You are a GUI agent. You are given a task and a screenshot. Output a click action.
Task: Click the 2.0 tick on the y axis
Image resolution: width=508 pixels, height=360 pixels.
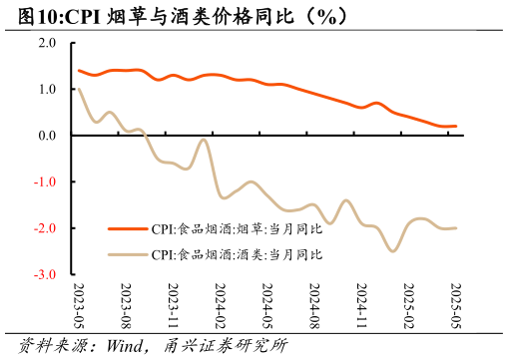(x=47, y=43)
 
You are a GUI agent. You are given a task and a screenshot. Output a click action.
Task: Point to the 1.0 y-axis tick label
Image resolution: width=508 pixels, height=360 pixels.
(x=47, y=89)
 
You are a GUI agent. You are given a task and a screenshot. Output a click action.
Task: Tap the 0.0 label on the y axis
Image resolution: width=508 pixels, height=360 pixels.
(x=47, y=136)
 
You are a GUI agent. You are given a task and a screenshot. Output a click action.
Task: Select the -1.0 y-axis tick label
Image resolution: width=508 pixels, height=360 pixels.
(x=45, y=181)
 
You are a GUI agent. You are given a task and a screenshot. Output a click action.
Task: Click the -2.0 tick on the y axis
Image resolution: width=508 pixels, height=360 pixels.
(x=45, y=228)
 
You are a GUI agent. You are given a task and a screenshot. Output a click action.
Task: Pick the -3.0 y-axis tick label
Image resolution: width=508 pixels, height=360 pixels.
(x=45, y=274)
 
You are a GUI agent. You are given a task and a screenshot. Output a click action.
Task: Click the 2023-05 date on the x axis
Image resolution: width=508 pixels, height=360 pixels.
(x=79, y=305)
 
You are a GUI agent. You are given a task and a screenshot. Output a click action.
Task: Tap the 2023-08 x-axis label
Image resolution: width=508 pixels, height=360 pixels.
(x=126, y=305)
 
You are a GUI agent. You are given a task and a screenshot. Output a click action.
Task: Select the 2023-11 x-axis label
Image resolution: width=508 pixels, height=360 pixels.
(x=173, y=305)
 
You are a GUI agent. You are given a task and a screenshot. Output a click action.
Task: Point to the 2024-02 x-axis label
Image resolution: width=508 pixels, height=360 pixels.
(x=220, y=305)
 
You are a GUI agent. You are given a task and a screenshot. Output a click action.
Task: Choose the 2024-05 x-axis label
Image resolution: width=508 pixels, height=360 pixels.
(x=266, y=305)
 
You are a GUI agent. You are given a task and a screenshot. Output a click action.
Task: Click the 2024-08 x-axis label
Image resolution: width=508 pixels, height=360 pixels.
(x=313, y=305)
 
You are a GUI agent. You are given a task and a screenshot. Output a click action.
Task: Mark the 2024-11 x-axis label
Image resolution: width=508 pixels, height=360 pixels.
(x=360, y=305)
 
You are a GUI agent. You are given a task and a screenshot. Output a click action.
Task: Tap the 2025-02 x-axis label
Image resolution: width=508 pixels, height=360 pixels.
(x=407, y=305)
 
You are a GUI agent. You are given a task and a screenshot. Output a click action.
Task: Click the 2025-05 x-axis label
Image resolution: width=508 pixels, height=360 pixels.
(x=454, y=305)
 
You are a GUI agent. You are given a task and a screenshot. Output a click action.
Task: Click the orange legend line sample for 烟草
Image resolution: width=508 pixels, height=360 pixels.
(x=127, y=228)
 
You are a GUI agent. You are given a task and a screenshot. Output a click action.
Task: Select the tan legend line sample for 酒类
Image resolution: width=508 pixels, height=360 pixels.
(x=127, y=254)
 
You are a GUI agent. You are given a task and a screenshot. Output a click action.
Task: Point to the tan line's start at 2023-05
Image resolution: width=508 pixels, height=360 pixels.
(x=79, y=90)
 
